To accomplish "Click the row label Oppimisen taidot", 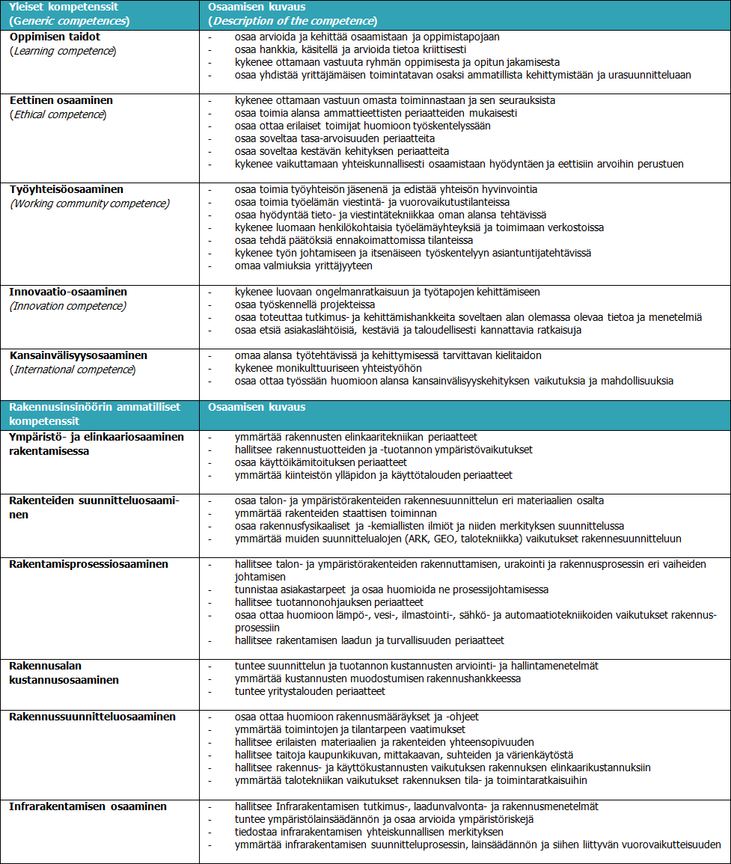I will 55,36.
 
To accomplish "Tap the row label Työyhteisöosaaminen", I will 67,189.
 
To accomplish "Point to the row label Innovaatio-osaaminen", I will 68,292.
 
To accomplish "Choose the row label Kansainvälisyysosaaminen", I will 79,355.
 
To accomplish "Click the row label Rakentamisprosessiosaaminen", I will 89,564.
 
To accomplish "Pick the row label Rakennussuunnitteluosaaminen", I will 92,717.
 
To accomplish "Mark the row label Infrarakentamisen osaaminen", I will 88,806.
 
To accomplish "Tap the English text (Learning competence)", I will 63,50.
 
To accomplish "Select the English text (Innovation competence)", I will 68,305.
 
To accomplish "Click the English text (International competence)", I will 73,370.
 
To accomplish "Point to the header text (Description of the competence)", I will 293,20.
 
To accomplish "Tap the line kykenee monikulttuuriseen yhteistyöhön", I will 328,368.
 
